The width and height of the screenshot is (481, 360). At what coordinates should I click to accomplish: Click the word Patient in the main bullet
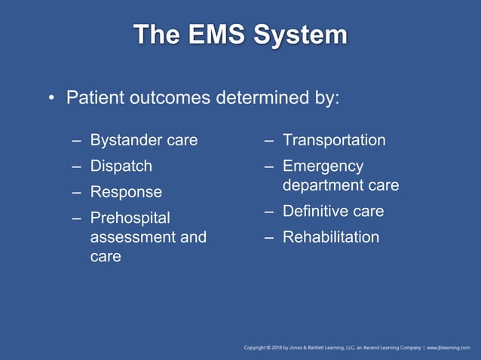(95, 98)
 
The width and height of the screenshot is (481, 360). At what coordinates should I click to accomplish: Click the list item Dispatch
(121, 166)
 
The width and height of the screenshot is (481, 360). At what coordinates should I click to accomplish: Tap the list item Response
(126, 192)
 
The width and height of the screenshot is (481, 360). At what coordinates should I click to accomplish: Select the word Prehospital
(130, 218)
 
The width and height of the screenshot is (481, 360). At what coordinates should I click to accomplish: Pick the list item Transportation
(334, 140)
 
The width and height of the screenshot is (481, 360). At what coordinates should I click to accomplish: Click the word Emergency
(323, 166)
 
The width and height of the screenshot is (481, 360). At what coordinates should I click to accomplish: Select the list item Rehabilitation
(331, 237)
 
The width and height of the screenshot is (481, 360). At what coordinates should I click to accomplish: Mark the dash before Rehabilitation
(268, 238)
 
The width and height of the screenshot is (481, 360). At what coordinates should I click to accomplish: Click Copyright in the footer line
(257, 347)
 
